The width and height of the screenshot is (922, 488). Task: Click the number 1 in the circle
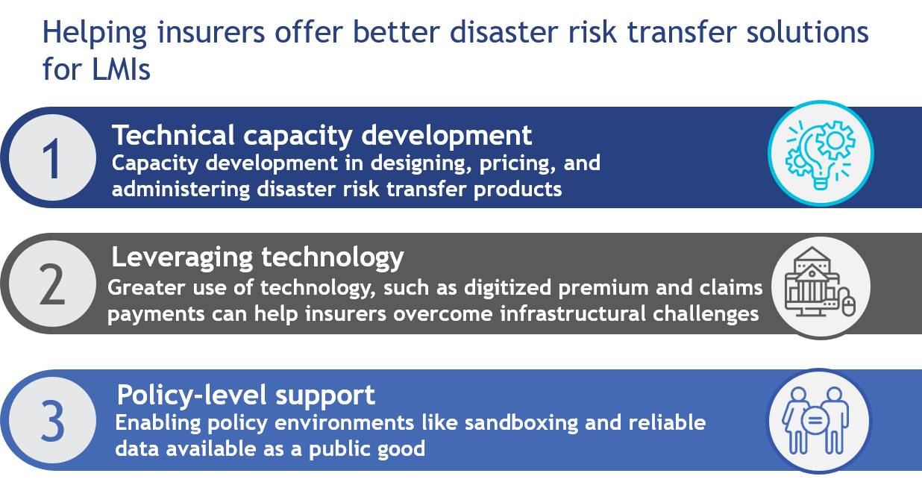52,159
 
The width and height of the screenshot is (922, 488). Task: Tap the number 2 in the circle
52,284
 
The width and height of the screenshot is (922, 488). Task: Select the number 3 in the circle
52,421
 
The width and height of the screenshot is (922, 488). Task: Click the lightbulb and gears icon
821,154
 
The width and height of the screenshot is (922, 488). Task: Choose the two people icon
816,420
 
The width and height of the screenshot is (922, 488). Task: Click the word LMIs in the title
121,69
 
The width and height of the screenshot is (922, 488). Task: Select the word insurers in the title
211,32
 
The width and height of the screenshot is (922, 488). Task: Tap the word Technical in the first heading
173,135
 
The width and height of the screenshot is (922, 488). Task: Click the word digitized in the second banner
507,288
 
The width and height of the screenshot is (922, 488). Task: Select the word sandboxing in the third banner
521,424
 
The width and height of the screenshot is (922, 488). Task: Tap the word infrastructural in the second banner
573,314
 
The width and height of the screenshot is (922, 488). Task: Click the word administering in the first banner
181,190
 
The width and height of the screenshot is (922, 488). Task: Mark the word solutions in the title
807,32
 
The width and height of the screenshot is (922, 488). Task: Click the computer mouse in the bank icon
848,304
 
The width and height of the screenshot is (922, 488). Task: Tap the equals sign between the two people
815,420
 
